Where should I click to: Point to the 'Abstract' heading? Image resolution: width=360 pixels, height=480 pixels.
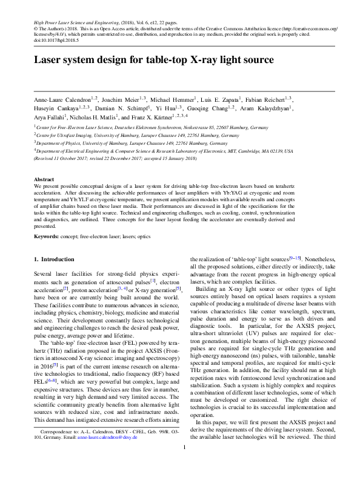tap(44, 180)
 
